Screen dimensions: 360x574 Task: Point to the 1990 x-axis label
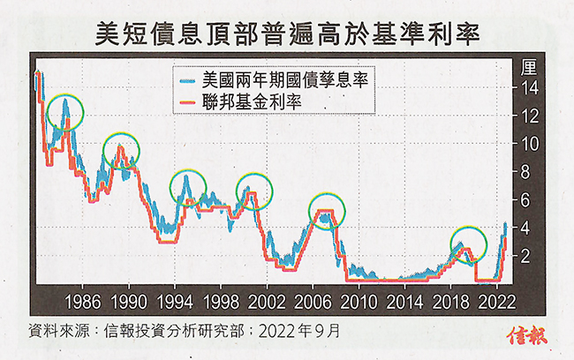click(129, 298)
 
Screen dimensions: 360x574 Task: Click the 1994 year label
click(175, 298)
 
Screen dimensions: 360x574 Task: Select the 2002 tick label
click(267, 298)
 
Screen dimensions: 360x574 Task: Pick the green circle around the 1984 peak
click(65, 111)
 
